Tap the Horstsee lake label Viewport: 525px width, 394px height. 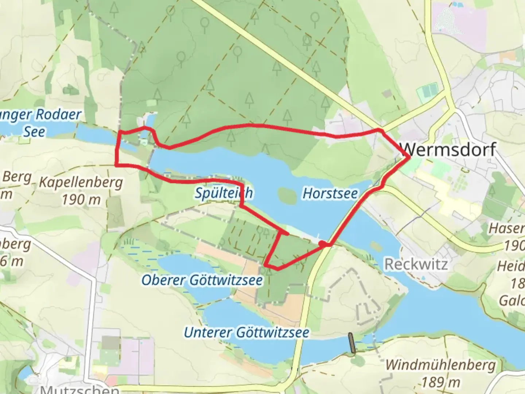coord(330,193)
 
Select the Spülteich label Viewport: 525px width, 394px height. coord(223,193)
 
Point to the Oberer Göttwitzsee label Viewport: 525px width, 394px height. coord(202,280)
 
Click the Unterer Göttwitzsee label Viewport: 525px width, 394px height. coord(246,332)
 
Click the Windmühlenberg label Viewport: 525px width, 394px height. coord(440,365)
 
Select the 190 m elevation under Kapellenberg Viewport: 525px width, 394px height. coord(81,200)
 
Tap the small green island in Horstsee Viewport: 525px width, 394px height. coord(287,196)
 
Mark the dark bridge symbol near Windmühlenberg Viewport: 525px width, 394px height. coord(352,343)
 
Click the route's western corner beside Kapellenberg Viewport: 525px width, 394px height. coord(117,165)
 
